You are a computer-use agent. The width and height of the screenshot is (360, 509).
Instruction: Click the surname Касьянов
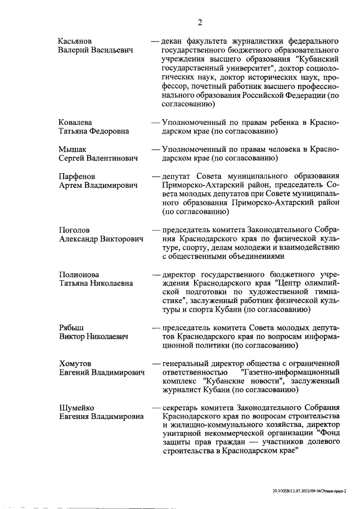click(76, 42)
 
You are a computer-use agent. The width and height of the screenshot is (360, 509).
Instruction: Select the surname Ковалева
click(76, 122)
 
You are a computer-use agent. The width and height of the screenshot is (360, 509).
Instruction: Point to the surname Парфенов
click(77, 177)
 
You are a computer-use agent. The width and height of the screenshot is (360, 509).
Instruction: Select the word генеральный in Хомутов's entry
click(187, 363)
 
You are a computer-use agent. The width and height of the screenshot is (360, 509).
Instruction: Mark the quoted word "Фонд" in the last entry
click(327, 434)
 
